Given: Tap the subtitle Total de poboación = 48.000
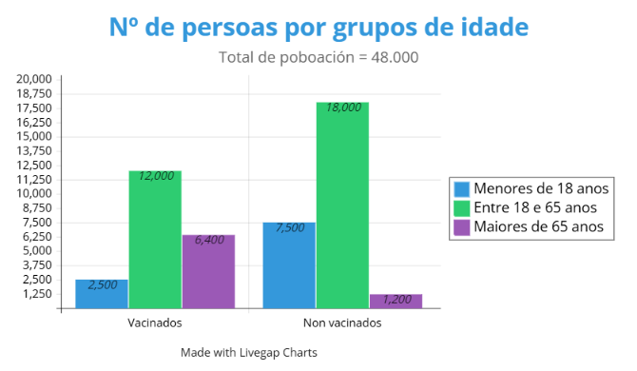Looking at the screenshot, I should tap(318, 57).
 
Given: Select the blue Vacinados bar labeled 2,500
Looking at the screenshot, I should tap(102, 294).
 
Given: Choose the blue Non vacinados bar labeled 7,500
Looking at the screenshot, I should tap(289, 265).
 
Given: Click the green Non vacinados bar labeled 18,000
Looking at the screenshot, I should tap(342, 205).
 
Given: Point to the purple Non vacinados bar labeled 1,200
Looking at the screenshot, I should tap(396, 301).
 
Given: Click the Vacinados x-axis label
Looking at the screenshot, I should tap(154, 322).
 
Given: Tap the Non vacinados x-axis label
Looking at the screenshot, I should tap(341, 322).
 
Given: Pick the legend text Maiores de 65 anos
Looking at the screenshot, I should tap(539, 226).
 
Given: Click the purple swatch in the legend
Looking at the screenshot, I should tap(462, 226).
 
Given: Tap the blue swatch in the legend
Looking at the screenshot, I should tap(462, 187).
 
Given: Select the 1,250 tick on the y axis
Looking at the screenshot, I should tap(37, 294).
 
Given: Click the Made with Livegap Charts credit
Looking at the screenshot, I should tap(248, 352).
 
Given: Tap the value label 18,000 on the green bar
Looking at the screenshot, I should tap(343, 107).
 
